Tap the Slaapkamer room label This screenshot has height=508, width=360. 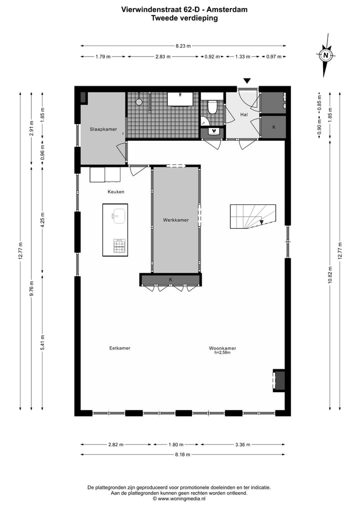[103, 129]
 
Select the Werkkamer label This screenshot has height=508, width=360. [175, 220]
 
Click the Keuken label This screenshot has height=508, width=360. [115, 192]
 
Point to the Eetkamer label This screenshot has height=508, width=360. [119, 348]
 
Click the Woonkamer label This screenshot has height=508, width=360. [222, 348]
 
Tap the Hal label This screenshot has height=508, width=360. [244, 114]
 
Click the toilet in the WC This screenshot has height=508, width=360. [212, 107]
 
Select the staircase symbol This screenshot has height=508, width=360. [252, 216]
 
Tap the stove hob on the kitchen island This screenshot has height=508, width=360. [119, 246]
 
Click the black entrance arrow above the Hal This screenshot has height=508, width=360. [246, 81]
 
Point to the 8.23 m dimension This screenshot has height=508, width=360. [182, 46]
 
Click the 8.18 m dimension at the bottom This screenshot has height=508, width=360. [182, 455]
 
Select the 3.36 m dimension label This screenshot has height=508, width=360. [242, 445]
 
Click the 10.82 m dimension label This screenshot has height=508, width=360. [330, 274]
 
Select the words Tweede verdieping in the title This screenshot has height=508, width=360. [184, 17]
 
